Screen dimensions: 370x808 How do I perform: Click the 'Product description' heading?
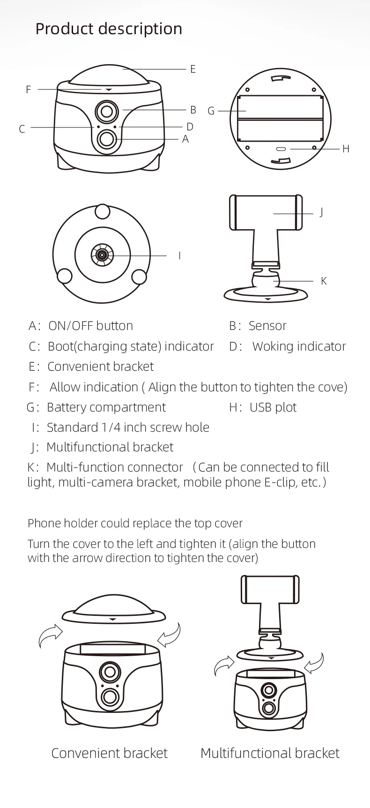(109, 29)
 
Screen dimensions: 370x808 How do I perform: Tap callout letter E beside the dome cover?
(192, 69)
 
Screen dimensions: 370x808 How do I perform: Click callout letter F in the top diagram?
(29, 90)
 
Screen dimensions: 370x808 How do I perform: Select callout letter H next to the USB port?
(346, 149)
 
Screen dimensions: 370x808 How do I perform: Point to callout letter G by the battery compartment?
(211, 111)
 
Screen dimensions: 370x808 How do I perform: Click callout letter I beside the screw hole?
(179, 256)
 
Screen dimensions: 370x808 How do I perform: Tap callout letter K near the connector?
(324, 281)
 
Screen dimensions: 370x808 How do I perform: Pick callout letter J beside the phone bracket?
(321, 212)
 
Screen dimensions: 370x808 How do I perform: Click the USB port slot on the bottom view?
(281, 150)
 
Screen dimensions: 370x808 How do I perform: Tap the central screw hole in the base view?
(102, 255)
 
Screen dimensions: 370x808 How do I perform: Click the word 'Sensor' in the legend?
(267, 326)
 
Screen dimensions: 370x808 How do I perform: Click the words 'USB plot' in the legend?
(273, 407)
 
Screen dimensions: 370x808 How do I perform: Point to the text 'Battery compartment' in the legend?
(106, 407)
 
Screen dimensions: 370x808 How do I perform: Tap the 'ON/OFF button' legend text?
(91, 326)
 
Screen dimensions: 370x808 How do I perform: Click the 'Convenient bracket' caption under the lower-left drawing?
(109, 753)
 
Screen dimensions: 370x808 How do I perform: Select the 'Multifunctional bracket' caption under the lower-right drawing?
(270, 753)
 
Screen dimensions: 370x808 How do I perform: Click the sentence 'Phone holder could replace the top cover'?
(135, 524)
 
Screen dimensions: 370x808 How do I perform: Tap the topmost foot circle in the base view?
(103, 211)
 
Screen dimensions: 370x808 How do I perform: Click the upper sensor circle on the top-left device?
(107, 112)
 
